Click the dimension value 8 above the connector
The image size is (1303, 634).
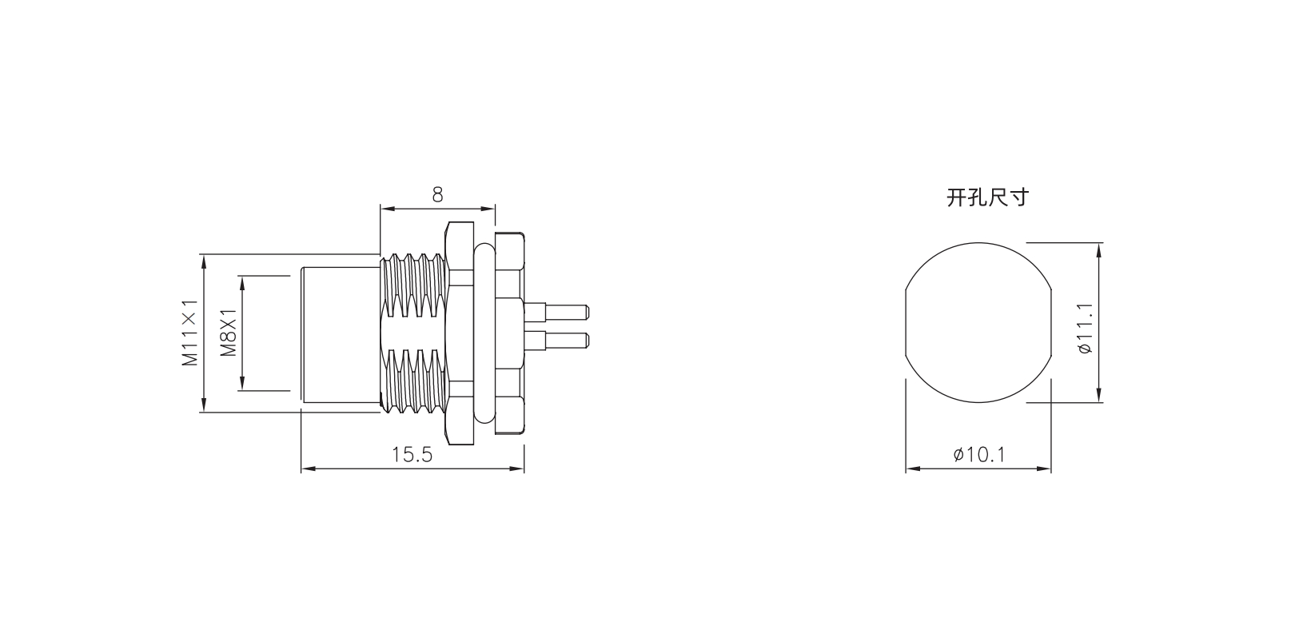(437, 195)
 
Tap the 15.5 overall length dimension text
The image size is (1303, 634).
(412, 455)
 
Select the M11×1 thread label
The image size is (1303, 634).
(190, 333)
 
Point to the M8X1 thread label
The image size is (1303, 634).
(228, 333)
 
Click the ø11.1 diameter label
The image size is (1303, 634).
(1085, 328)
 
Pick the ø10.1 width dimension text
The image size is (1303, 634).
(979, 454)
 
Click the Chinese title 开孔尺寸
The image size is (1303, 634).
(988, 197)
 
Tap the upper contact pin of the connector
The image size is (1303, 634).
(556, 312)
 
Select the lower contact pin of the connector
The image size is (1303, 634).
(556, 341)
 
